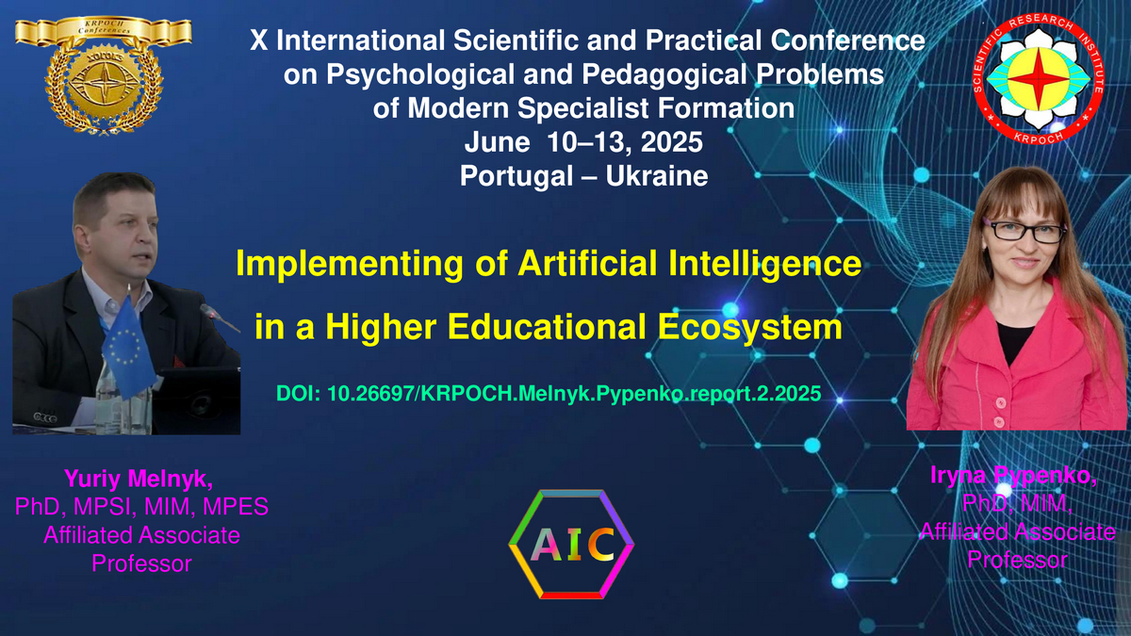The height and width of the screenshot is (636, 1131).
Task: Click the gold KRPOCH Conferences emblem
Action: [x=104, y=75]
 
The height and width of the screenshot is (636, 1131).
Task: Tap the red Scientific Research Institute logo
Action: [x=1038, y=79]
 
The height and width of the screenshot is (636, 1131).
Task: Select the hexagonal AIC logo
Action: [x=571, y=545]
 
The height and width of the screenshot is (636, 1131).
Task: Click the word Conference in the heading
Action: [x=847, y=40]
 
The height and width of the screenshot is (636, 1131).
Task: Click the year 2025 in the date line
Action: [x=671, y=142]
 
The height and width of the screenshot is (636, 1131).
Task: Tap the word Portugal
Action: [x=516, y=177]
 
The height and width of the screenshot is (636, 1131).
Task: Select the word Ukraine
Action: [x=656, y=176]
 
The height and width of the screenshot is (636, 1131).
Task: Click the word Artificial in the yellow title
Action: [x=587, y=263]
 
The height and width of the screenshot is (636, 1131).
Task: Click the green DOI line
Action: [x=549, y=393]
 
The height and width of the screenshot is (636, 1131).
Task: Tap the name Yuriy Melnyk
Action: [x=138, y=479]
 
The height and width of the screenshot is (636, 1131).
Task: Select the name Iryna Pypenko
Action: [x=1013, y=476]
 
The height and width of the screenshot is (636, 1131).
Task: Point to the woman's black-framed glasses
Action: [x=1025, y=231]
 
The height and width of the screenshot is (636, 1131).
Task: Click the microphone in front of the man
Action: [x=219, y=318]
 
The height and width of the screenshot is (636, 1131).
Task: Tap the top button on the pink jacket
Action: [x=1000, y=402]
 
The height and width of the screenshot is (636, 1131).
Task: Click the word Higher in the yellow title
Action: [x=381, y=327]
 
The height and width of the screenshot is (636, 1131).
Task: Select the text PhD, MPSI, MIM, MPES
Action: [x=141, y=507]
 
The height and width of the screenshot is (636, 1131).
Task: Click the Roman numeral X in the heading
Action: [x=258, y=41]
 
